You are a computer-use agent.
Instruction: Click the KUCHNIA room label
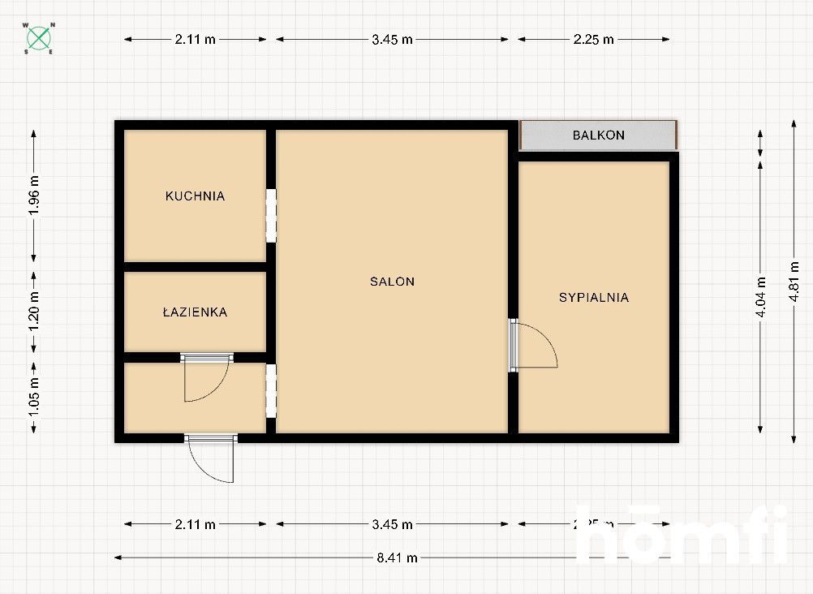[195, 196]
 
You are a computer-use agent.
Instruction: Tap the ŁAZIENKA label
[195, 312]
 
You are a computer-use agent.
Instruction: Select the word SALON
[392, 282]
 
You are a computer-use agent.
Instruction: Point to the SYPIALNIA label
[594, 297]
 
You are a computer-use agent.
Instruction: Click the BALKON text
[599, 135]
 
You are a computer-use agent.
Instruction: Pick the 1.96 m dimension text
[33, 196]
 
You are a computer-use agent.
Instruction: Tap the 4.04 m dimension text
[760, 296]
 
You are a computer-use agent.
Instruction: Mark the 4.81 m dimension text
[794, 281]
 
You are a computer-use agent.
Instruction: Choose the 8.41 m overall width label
[397, 557]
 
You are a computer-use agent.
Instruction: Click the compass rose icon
[39, 38]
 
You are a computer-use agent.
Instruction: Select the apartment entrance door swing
[211, 460]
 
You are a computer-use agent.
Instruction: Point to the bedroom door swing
[536, 346]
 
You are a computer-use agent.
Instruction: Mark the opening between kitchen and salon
[271, 215]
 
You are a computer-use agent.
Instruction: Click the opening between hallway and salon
[271, 391]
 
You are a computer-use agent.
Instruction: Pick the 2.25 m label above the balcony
[593, 38]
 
